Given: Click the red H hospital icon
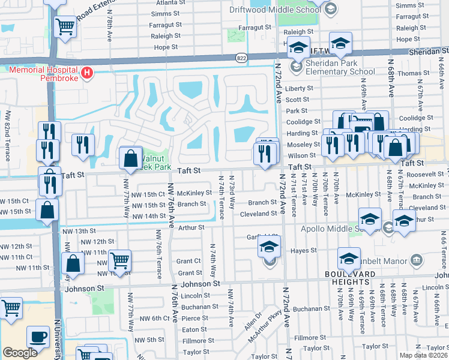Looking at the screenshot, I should coord(87,73).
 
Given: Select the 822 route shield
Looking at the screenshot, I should coord(241,58).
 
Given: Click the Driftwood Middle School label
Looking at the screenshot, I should coord(275,10).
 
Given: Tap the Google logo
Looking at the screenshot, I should coord(20,353).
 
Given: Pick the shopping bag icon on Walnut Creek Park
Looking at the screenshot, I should coord(130,159).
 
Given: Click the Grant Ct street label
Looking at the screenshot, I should coord(188,261).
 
